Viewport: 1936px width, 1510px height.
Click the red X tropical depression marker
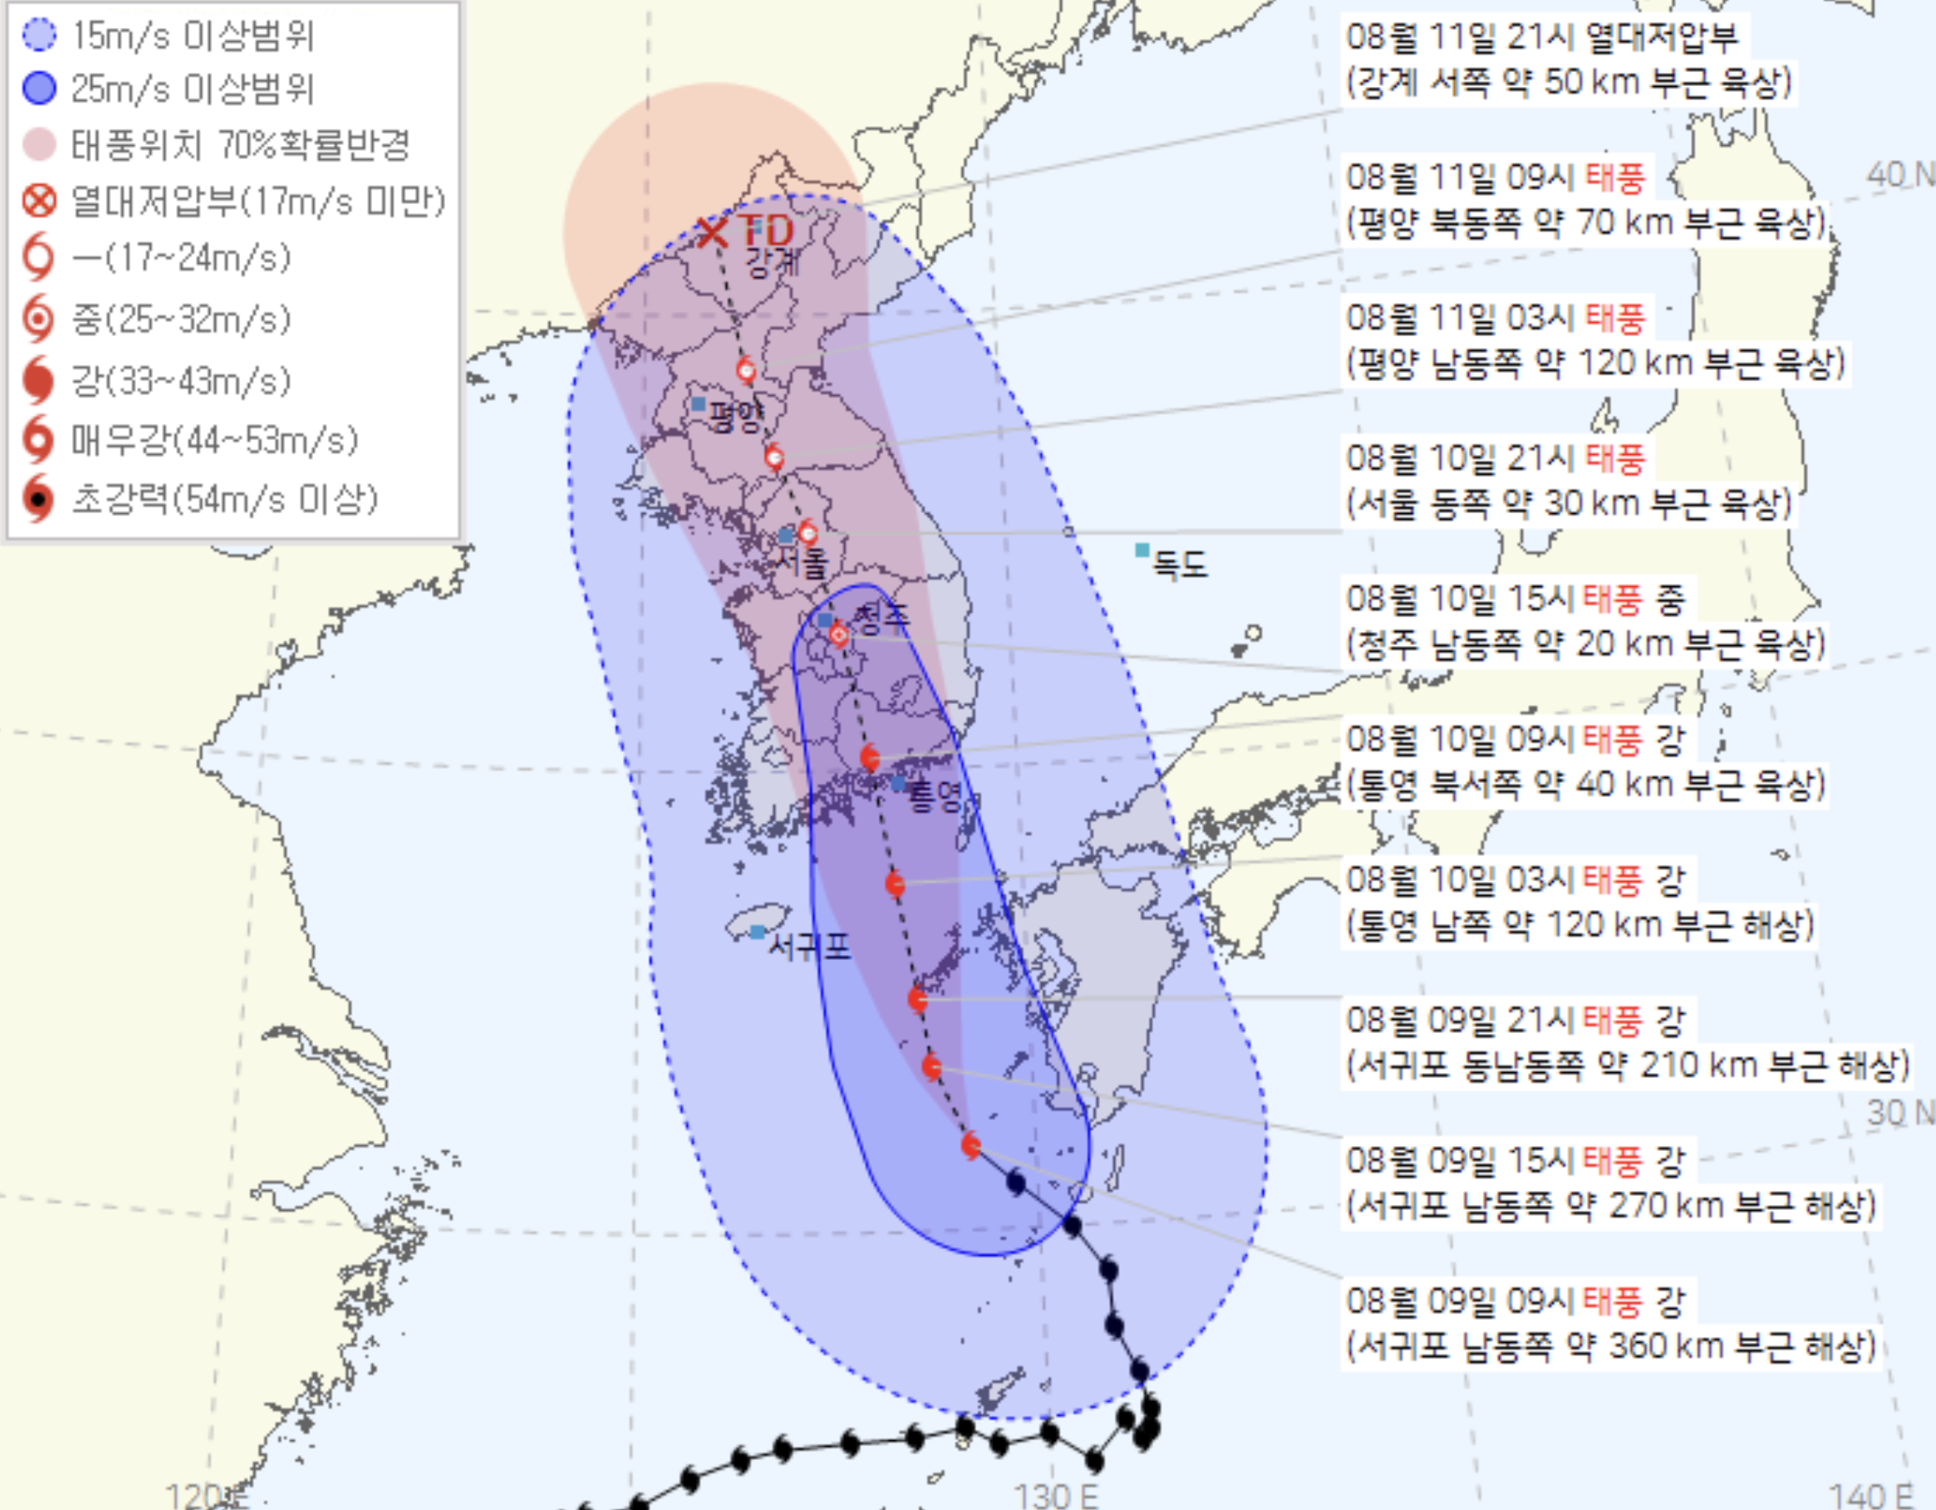point(711,233)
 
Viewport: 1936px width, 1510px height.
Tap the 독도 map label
point(1179,565)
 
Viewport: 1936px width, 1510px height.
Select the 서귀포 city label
point(808,947)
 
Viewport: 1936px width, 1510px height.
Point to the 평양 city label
point(736,415)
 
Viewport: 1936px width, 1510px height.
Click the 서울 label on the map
point(802,563)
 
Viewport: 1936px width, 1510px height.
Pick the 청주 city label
point(880,616)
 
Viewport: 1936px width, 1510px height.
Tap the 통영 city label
point(936,796)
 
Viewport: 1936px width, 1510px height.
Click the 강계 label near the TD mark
point(772,262)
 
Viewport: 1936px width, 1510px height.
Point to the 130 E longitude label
point(1056,1495)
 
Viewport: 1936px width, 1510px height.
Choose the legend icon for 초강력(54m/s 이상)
point(39,499)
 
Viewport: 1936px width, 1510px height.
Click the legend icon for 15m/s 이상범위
point(39,35)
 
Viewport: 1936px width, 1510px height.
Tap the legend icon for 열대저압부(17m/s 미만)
point(39,202)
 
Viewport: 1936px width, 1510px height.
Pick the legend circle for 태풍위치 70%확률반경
point(39,144)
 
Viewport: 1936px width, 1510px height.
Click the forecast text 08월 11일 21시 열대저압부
point(1543,37)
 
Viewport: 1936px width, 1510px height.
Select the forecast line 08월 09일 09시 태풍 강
point(1516,1302)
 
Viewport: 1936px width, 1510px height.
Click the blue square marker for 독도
point(1143,551)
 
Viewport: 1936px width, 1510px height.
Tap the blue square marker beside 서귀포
point(758,932)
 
